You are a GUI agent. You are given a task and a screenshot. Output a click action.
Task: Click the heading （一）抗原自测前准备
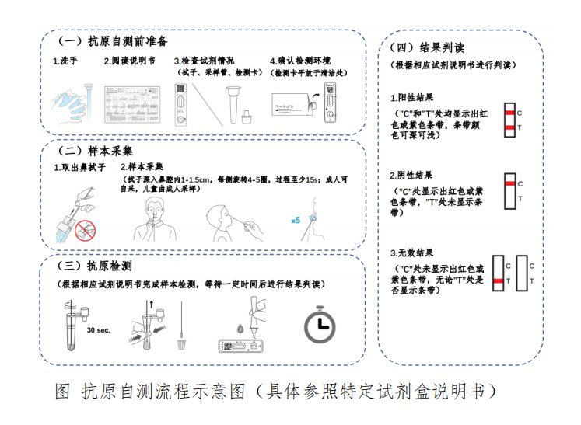[x=114, y=40]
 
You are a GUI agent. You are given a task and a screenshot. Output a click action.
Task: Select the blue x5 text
[x=296, y=221]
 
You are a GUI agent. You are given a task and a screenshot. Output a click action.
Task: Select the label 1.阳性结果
[x=412, y=99]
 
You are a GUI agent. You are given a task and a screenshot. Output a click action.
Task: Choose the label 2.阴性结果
[x=412, y=175]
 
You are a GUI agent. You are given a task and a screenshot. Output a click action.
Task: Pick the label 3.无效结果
[x=412, y=253]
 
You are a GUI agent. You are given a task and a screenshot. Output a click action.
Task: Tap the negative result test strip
[x=509, y=192]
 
